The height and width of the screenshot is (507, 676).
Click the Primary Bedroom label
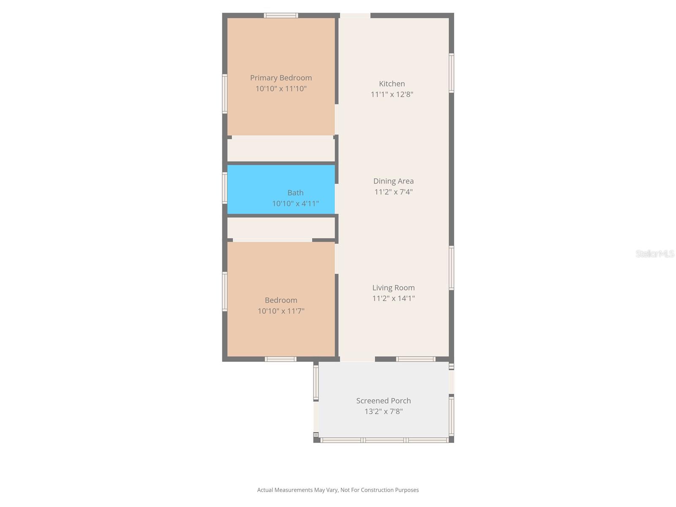[281, 78]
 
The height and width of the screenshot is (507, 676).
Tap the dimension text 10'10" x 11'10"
[281, 89]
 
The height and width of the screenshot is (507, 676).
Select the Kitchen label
[392, 84]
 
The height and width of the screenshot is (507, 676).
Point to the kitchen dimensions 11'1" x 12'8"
[392, 94]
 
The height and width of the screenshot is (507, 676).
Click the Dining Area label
[393, 181]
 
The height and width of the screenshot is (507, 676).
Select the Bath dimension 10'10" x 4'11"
[295, 204]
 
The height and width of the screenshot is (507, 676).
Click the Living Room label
[393, 288]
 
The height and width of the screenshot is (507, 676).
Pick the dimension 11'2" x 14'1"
[393, 298]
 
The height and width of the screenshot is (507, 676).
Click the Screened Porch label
[383, 401]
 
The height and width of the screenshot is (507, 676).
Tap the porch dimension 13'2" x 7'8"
[383, 412]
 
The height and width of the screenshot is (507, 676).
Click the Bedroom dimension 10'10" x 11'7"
[281, 311]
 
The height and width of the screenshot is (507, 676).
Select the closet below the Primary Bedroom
[281, 150]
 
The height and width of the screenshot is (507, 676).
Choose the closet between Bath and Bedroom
[281, 228]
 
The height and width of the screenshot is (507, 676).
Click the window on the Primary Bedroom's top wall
[281, 16]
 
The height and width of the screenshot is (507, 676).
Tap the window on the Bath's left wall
[225, 188]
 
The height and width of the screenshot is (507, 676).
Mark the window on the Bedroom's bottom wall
[281, 359]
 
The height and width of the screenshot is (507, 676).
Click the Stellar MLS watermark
[654, 253]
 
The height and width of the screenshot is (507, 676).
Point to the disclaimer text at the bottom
[338, 490]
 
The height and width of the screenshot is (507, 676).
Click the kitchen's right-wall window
[451, 73]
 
